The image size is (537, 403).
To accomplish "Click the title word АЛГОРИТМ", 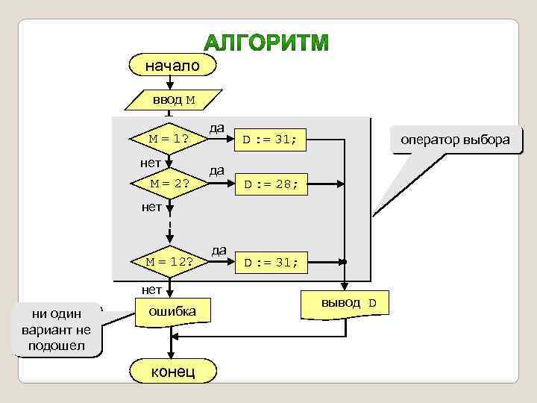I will (267, 43).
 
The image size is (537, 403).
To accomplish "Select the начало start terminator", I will (172, 66).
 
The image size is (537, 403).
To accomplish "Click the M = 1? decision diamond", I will (169, 139).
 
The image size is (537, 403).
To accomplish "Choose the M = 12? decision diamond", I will (169, 262).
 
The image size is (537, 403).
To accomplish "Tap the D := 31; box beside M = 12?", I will (269, 262).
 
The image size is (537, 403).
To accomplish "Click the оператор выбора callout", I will (455, 140).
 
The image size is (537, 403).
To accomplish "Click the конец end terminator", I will (172, 371).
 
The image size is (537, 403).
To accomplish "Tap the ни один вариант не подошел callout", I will (57, 329).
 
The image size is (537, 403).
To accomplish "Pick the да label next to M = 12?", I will (219, 250).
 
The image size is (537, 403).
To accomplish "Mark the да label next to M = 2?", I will (216, 170).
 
